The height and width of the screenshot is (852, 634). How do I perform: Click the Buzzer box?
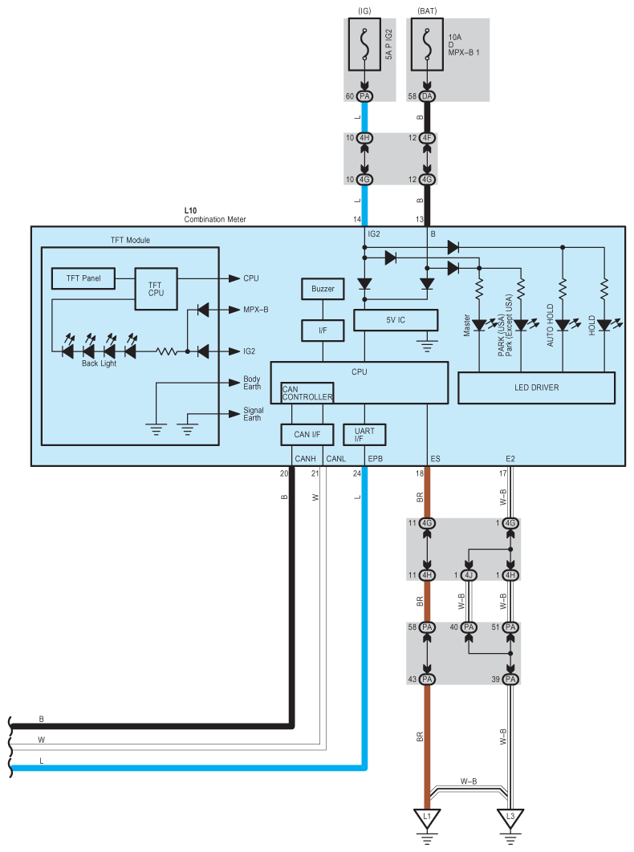pyautogui.click(x=322, y=289)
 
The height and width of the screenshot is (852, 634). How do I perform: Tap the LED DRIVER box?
pyautogui.click(x=535, y=387)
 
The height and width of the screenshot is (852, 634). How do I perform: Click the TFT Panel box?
pyautogui.click(x=83, y=278)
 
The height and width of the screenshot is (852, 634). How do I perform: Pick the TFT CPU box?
pyautogui.click(x=156, y=289)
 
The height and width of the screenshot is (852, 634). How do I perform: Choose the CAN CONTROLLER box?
pyautogui.click(x=307, y=392)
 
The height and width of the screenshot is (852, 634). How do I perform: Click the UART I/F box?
pyautogui.click(x=364, y=434)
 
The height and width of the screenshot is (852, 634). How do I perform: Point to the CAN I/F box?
pyautogui.click(x=302, y=434)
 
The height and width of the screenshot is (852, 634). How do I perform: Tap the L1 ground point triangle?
pyautogui.click(x=427, y=818)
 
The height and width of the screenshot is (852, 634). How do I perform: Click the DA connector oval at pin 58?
pyautogui.click(x=426, y=96)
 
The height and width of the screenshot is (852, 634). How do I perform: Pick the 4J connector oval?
pyautogui.click(x=469, y=574)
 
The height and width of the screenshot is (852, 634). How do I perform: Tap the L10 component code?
pyautogui.click(x=190, y=210)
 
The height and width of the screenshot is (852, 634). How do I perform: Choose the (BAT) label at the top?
pyautogui.click(x=426, y=10)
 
